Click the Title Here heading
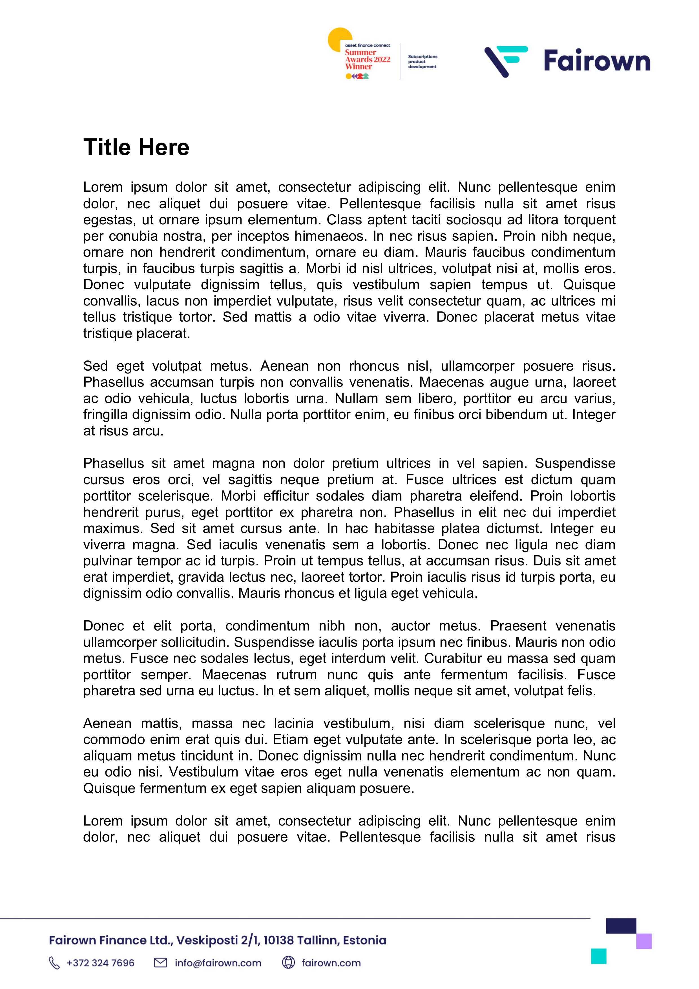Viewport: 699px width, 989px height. tap(136, 147)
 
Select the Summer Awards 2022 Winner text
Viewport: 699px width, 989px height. tap(367, 59)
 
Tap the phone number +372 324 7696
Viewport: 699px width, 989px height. tap(100, 963)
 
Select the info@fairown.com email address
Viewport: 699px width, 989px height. tap(218, 963)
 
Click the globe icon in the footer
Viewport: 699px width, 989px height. tap(288, 962)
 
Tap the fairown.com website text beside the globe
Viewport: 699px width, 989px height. tap(331, 963)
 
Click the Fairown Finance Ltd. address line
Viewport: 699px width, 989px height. tap(218, 940)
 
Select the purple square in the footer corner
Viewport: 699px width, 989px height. tap(644, 941)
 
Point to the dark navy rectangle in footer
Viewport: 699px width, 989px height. tap(621, 926)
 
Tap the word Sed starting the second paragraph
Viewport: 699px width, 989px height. tap(95, 366)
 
